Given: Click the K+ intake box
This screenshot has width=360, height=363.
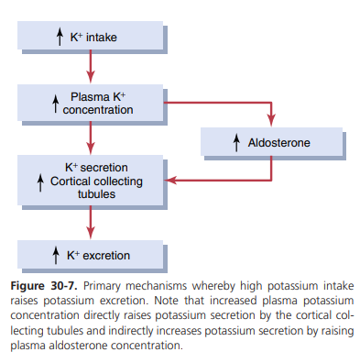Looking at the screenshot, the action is coord(90,36).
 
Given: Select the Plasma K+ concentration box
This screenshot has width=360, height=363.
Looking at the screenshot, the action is coord(90,103).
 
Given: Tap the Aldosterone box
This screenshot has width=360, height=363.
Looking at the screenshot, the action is coord(271,142).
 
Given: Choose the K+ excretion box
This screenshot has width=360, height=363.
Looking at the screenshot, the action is coord(90,255).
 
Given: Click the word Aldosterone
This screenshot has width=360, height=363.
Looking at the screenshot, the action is coord(278,143).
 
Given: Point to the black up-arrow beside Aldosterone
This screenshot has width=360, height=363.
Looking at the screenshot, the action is coord(236,143).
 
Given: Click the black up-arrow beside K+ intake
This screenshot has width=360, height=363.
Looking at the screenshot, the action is coord(60,37).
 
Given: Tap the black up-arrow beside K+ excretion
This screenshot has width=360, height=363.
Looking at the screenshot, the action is coord(56,256).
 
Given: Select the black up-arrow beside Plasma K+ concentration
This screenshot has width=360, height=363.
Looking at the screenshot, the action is coord(55,104).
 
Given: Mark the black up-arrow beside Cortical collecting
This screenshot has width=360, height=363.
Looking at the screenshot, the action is coord(40,182).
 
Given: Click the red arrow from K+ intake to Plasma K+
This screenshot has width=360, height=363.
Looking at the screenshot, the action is coord(91,66).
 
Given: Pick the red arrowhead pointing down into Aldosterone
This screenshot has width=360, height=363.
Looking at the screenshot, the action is coord(271,120).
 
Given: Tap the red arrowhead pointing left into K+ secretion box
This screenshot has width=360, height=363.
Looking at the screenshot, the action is coord(170,181).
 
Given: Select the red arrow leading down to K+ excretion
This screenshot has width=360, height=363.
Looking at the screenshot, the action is coord(91,222).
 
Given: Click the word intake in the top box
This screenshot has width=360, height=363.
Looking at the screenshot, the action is coord(102,38).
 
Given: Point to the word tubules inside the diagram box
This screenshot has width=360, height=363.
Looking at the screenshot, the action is coord(96,194).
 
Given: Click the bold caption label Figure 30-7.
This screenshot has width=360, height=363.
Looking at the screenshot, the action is coord(44,286).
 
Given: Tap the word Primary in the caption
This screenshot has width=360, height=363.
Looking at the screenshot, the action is coord(102,286).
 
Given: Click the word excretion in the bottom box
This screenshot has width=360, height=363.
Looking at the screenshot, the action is coord(106,256).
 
